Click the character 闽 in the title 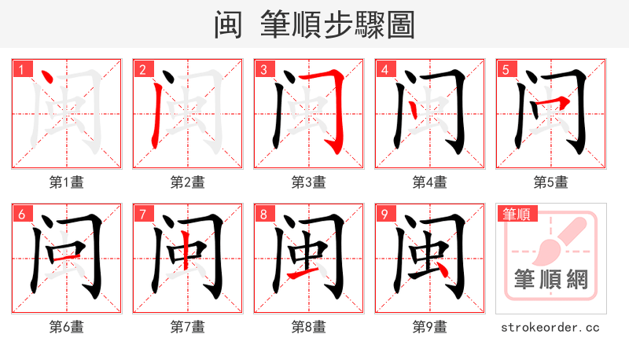(229, 24)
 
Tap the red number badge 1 (21, 70)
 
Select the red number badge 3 (263, 70)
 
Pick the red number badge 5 (506, 70)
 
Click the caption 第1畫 (66, 182)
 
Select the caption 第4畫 (429, 182)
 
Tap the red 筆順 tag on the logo (516, 213)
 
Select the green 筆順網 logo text (550, 279)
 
